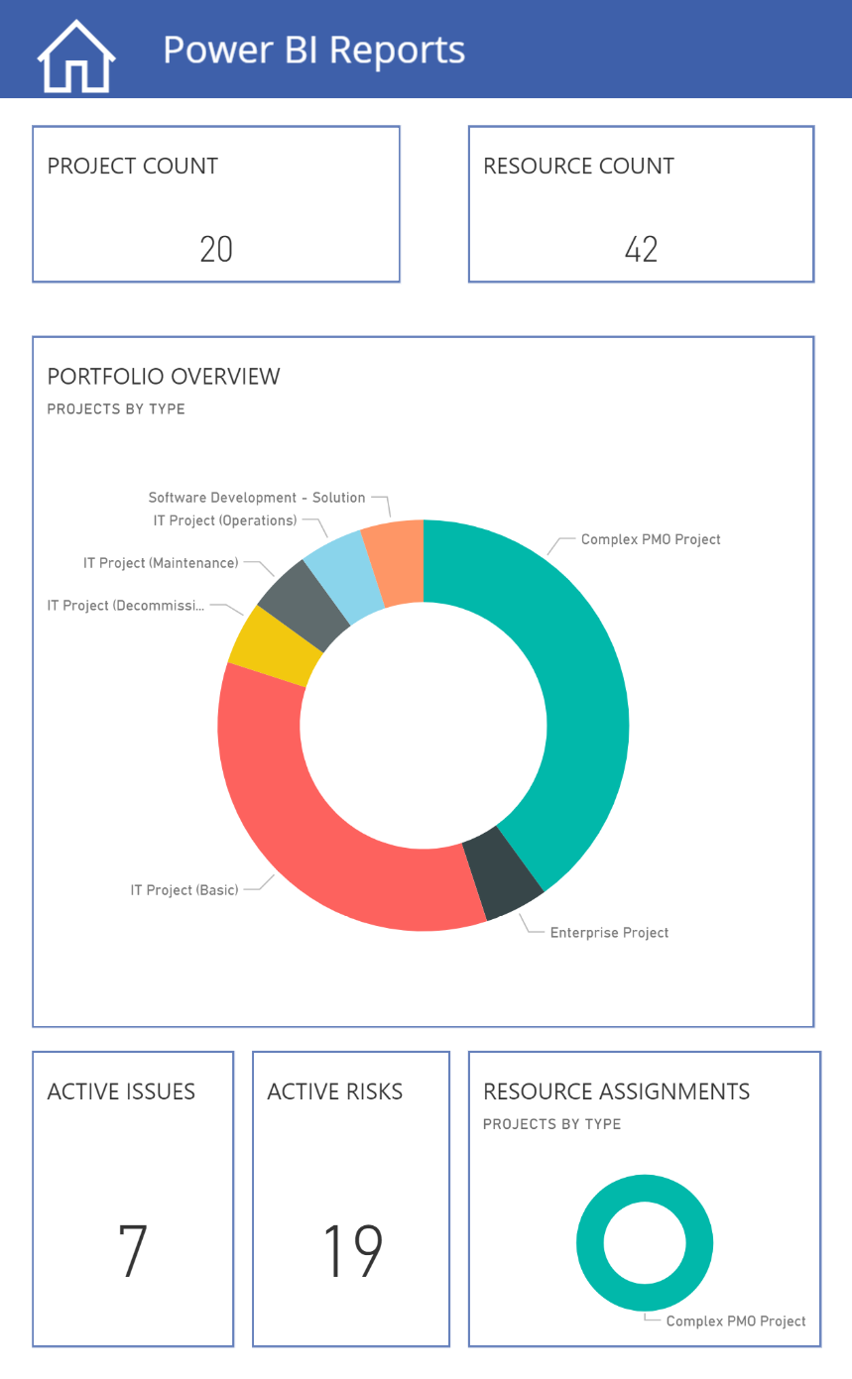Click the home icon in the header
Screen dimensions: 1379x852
point(76,57)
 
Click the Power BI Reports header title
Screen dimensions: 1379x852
point(313,50)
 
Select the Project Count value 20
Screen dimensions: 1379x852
point(216,249)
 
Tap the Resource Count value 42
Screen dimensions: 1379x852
point(641,249)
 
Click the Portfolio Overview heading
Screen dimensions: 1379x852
point(164,377)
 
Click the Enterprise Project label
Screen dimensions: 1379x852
point(609,933)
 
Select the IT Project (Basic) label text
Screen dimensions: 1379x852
point(184,890)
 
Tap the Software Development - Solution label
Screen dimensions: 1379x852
point(257,498)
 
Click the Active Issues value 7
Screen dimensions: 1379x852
point(133,1251)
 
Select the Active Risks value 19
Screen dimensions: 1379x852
point(352,1251)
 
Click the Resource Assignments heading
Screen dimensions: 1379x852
point(616,1092)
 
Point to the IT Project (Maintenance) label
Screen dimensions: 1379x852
point(161,563)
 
